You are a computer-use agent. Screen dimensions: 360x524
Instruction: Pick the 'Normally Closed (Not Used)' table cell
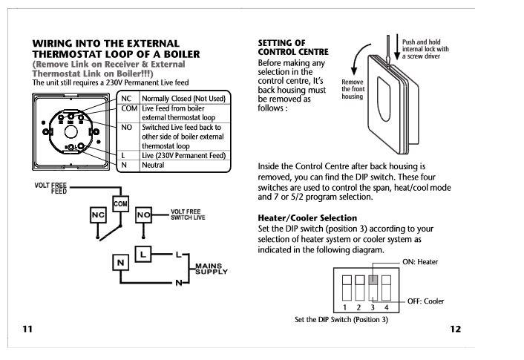point(183,99)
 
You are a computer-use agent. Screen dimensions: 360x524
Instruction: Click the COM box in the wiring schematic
point(121,203)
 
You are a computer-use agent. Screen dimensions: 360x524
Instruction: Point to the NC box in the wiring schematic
point(98,215)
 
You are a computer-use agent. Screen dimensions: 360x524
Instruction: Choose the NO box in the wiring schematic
point(145,215)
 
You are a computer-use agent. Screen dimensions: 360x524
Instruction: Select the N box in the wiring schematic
point(119,262)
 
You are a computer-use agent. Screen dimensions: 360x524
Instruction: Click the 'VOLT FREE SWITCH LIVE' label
point(186,215)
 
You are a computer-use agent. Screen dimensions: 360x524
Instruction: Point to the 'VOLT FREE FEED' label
point(50,187)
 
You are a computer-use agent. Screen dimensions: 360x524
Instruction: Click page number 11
point(27,330)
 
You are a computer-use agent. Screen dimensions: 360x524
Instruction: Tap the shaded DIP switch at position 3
point(373,281)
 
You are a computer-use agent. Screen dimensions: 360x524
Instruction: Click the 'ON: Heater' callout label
point(421,262)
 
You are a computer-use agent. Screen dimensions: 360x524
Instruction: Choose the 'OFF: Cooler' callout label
point(425,301)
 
